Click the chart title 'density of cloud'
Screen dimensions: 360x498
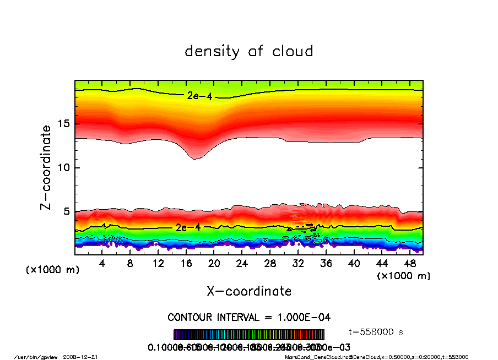tap(249, 52)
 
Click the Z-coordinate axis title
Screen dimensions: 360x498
tap(46, 167)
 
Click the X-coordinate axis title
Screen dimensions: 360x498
tap(249, 291)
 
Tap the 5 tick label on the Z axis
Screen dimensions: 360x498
tap(67, 211)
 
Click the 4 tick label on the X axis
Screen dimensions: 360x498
tap(102, 264)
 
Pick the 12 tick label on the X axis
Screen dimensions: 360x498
tap(158, 264)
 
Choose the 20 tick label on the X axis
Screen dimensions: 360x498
tap(214, 264)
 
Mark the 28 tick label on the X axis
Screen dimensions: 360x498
tap(270, 264)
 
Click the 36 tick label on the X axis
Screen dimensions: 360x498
tap(326, 264)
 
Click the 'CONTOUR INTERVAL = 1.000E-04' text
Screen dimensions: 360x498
tap(249, 318)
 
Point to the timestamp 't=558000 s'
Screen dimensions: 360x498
tap(376, 332)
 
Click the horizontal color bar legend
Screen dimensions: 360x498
tap(249, 335)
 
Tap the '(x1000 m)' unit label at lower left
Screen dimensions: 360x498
tap(53, 270)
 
